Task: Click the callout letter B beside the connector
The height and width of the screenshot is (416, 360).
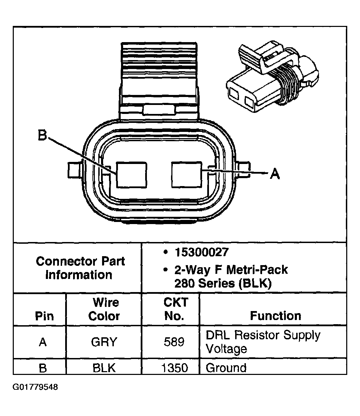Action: (42, 136)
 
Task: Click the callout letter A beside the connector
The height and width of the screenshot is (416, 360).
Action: (274, 173)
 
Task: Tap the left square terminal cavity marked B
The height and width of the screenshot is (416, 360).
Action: (131, 175)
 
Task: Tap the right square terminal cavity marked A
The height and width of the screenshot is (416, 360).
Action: (187, 175)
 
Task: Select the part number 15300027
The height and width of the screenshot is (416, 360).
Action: (201, 252)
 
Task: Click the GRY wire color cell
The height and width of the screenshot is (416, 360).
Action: (104, 342)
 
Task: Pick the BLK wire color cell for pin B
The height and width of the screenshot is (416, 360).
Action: (104, 368)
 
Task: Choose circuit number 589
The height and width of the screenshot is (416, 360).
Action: (174, 342)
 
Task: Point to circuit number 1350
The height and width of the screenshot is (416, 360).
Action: (174, 368)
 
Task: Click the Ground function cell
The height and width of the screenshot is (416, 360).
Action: (226, 368)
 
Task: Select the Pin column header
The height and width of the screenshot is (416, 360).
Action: (44, 316)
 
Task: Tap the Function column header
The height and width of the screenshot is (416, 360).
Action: (275, 316)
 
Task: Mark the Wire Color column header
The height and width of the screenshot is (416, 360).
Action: (104, 309)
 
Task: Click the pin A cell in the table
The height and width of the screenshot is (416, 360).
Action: (42, 342)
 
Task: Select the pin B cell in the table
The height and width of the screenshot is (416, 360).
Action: (42, 368)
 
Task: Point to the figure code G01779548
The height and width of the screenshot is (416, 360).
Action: (35, 387)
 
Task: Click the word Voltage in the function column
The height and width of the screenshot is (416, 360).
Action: (226, 349)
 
